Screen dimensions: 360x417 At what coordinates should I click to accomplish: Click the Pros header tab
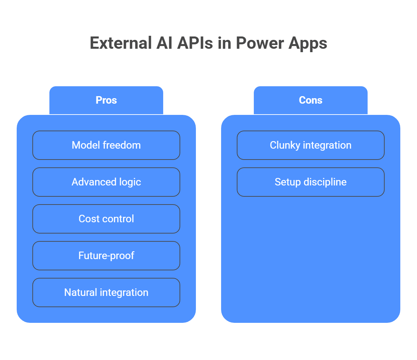click(x=106, y=100)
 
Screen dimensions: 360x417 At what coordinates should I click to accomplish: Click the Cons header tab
click(x=310, y=100)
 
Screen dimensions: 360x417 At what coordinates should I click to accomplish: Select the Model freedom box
click(x=106, y=145)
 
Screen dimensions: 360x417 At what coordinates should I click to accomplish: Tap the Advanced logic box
click(x=106, y=182)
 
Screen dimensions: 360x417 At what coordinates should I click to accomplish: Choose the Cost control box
click(x=106, y=219)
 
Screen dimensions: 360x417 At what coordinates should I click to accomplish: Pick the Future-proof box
click(x=106, y=256)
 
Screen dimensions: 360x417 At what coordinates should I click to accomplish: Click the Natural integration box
click(x=106, y=292)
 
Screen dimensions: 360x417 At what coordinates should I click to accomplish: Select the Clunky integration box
click(x=310, y=145)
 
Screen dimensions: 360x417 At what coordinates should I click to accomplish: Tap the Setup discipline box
click(x=310, y=182)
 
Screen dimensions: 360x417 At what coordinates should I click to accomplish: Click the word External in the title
click(x=121, y=43)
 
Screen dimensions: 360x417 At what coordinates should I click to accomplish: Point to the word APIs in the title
click(x=195, y=43)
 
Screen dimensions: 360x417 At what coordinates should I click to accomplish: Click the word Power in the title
click(x=260, y=43)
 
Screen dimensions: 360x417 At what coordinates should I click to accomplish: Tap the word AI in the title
click(x=165, y=43)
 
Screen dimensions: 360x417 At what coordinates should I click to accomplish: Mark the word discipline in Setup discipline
click(x=325, y=182)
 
